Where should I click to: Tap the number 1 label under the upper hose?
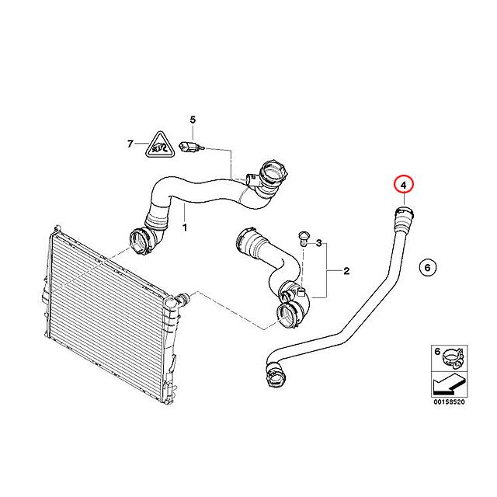coord(184,228)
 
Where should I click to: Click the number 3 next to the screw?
coord(318,243)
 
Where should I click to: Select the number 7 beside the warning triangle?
coord(130,144)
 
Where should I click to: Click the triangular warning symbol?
coord(160,144)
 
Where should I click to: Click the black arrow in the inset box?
coord(445,381)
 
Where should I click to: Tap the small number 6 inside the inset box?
coord(436,352)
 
